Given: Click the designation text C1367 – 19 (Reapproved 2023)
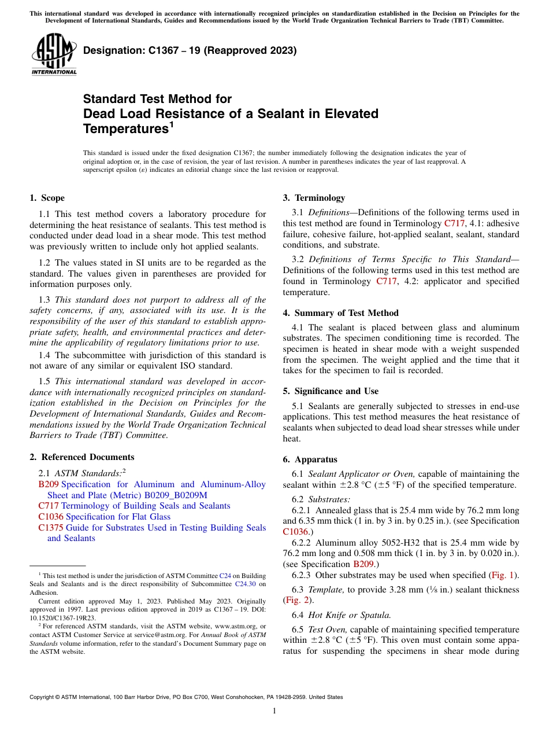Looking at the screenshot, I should pyautogui.click(x=190, y=50).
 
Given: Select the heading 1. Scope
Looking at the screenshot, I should pyautogui.click(x=47, y=198).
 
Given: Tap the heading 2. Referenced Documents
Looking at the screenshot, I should pyautogui.click(x=81, y=457).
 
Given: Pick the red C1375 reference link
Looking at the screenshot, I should pyautogui.click(x=51, y=528).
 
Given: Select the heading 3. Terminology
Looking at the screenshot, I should pyautogui.click(x=314, y=198).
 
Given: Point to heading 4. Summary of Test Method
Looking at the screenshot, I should pyautogui.click(x=340, y=313).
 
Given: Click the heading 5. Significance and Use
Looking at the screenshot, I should pyautogui.click(x=331, y=391).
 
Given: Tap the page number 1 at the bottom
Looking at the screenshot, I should pyautogui.click(x=274, y=711).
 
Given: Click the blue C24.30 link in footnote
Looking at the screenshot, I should pyautogui.click(x=244, y=584).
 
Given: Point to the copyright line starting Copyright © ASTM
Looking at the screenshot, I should pyautogui.click(x=186, y=697).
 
